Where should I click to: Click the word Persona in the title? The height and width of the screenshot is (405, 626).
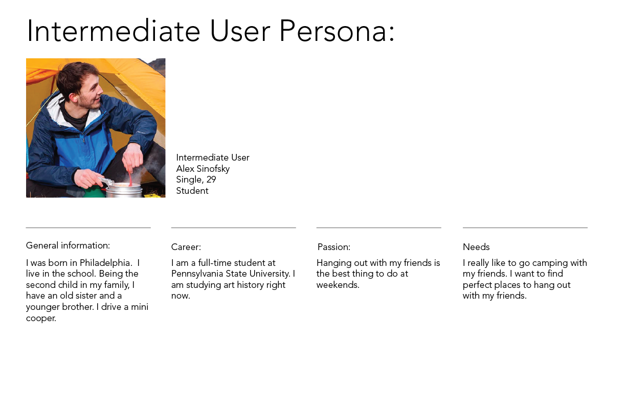337,31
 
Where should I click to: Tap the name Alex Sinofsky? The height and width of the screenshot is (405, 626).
203,169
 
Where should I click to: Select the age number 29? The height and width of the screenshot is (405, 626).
211,179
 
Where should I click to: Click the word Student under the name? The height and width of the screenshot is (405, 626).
192,191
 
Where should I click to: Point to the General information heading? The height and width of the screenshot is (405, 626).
68,245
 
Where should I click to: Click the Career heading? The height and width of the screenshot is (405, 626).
186,247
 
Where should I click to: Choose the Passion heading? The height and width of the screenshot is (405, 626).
334,247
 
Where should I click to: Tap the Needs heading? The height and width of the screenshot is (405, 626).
476,247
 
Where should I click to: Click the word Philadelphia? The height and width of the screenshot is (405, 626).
106,263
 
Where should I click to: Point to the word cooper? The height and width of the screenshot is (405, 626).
41,319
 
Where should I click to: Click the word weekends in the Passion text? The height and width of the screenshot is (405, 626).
338,285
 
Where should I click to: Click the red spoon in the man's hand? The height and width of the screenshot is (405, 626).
130,178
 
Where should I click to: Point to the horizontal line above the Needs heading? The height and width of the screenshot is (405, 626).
525,228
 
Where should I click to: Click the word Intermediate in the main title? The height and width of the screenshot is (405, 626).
114,31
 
